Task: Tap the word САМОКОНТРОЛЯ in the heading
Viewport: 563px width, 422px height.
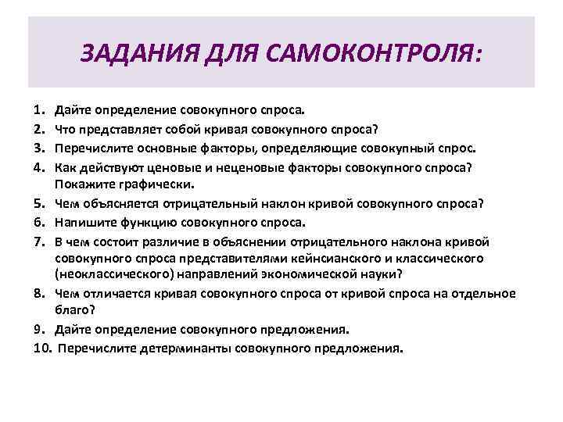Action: click(374, 54)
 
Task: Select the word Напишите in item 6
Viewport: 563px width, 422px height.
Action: click(81, 222)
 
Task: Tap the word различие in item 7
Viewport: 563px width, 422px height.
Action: click(172, 240)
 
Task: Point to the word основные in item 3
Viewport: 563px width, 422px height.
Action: click(165, 149)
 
